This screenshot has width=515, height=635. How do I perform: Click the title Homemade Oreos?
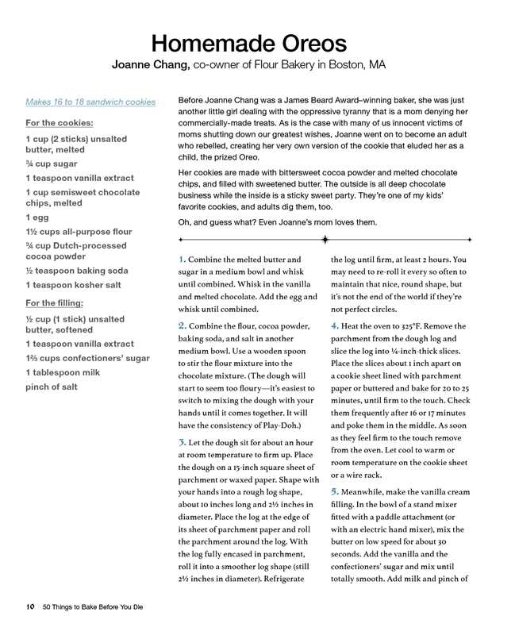point(249,42)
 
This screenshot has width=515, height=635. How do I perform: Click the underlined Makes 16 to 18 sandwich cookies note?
point(90,102)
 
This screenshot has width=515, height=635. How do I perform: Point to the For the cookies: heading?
point(60,123)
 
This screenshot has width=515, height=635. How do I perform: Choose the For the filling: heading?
point(55,302)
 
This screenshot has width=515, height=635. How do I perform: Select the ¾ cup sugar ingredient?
point(52,164)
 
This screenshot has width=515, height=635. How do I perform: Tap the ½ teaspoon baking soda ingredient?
point(76,270)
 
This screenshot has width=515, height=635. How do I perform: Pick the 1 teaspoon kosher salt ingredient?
point(73,284)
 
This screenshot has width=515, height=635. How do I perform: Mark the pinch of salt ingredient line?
point(52,387)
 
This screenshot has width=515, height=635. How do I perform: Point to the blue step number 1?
point(182,259)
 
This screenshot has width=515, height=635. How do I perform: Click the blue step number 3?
point(182,441)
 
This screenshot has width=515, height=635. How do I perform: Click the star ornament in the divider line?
point(325,239)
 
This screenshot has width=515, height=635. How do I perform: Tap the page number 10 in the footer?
point(29,607)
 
